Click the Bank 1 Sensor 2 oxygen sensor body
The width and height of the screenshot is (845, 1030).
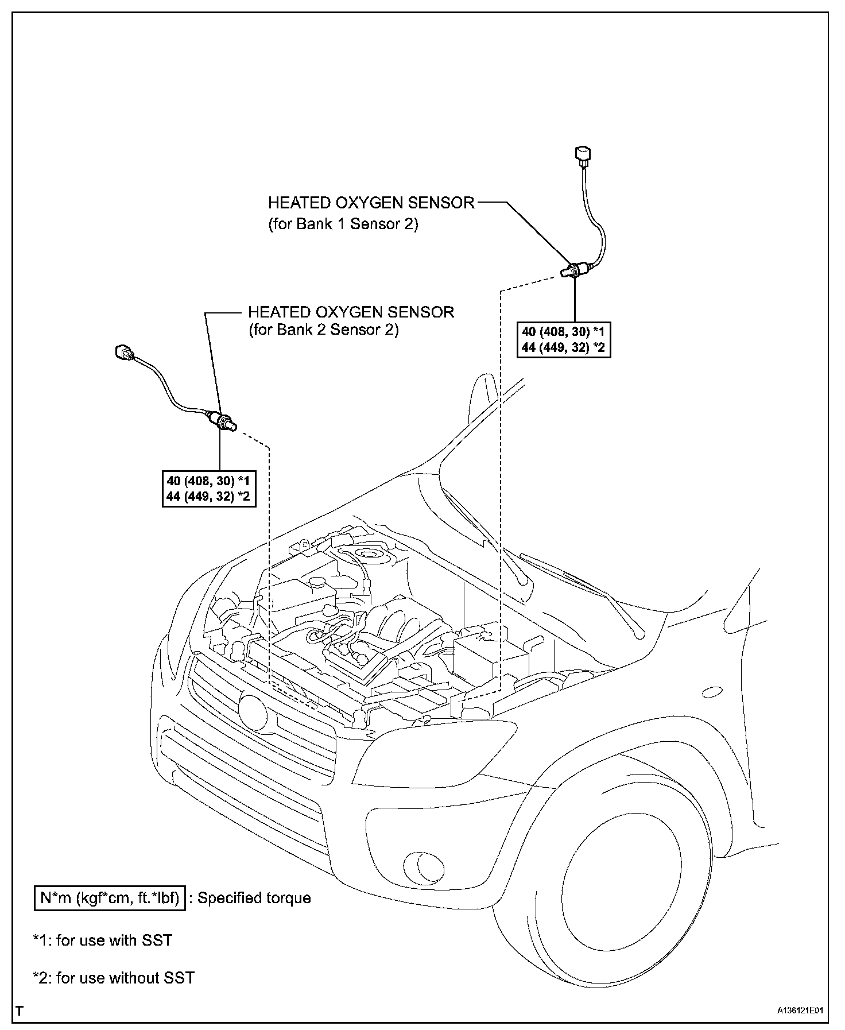(x=576, y=269)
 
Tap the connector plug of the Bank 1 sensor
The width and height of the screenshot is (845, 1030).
(x=582, y=156)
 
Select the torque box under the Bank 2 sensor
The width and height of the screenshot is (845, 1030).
(x=208, y=489)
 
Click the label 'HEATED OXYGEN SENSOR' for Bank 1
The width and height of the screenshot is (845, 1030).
(x=371, y=203)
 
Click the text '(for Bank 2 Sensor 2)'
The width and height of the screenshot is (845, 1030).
(x=323, y=330)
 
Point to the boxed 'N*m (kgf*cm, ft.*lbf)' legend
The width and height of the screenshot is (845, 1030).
(x=109, y=899)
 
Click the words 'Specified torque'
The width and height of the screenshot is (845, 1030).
(x=254, y=899)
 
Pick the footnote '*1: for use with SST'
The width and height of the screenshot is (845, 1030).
(x=103, y=940)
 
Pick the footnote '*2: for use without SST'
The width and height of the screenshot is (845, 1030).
(x=114, y=978)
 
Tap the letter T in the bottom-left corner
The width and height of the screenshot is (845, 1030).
(x=20, y=1010)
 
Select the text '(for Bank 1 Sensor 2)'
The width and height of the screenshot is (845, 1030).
(x=343, y=224)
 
